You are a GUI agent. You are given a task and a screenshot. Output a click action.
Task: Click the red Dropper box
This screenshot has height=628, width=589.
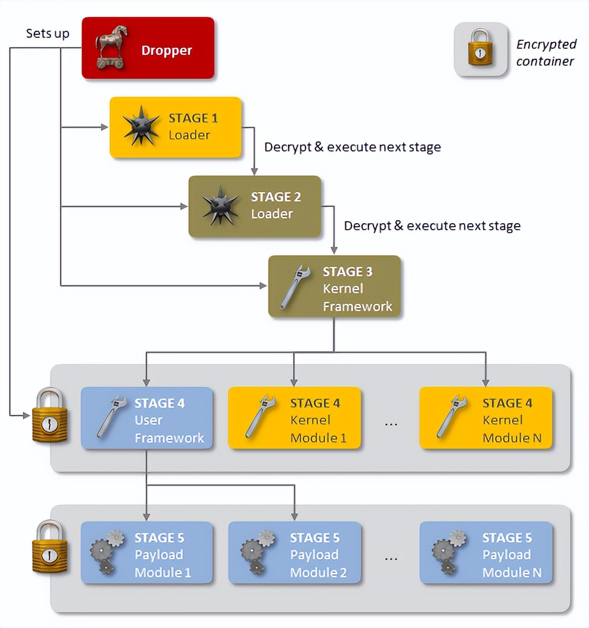148,48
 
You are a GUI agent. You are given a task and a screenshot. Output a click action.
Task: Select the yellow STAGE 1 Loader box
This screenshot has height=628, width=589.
175,127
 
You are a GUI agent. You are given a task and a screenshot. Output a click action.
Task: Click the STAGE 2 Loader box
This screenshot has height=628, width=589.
255,206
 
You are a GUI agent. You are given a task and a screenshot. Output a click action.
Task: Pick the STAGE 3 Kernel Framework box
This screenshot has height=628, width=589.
334,287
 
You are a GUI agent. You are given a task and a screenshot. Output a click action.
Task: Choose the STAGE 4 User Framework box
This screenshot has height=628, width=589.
147,418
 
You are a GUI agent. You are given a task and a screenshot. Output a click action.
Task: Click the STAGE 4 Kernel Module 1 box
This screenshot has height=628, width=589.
294,418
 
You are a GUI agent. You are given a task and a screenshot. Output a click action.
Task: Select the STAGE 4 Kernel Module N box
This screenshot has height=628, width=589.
486,418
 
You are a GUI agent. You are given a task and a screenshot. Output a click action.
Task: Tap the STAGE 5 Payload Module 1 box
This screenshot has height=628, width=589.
147,553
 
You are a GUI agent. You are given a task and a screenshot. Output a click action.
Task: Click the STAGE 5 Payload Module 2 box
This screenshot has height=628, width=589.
294,553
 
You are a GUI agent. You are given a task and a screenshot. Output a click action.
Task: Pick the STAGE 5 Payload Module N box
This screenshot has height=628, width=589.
486,553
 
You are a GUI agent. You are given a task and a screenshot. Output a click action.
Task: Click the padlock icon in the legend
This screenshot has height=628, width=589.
480,49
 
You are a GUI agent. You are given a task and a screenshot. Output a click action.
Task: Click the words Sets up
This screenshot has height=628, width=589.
47,33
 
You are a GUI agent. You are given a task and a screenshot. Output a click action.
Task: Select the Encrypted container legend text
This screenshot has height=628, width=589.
546,52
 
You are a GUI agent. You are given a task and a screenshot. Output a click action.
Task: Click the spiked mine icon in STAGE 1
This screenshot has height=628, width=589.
141,126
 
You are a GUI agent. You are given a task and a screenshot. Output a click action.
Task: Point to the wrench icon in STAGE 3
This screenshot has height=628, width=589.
295,286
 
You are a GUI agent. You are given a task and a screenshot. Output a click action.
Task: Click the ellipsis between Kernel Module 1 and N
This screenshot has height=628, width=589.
391,424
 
